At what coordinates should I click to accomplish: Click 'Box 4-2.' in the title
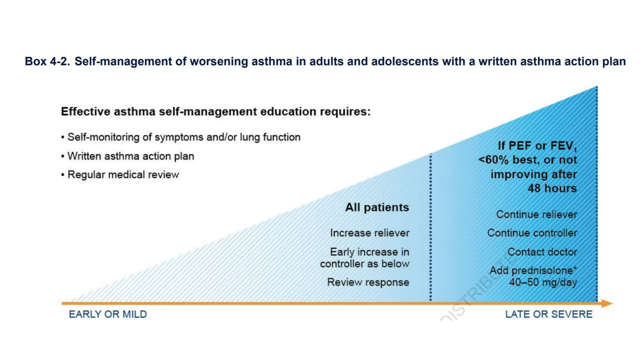point(47,61)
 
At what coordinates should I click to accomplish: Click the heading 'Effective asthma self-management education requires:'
point(216,112)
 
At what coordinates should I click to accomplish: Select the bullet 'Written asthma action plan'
point(131,156)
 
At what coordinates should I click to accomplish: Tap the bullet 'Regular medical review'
point(123,174)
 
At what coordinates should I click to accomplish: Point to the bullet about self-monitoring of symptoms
point(184,137)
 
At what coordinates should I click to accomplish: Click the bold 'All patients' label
point(377,207)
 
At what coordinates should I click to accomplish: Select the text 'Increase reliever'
point(369,233)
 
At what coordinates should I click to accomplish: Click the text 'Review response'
point(368,282)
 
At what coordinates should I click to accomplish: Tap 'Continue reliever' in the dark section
point(536,214)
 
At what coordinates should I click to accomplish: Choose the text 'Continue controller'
point(532,233)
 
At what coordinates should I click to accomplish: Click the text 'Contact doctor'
point(542,252)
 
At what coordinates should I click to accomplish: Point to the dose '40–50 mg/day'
point(543,282)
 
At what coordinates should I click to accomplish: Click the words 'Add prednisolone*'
point(533,270)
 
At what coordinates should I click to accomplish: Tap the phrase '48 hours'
point(552,188)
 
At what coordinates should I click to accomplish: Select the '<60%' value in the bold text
point(493,160)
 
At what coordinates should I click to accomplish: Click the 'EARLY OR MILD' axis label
point(108,314)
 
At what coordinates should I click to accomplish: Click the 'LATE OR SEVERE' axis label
point(548,314)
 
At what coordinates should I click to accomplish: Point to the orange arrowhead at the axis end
point(607,303)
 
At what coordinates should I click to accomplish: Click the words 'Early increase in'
point(369,252)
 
